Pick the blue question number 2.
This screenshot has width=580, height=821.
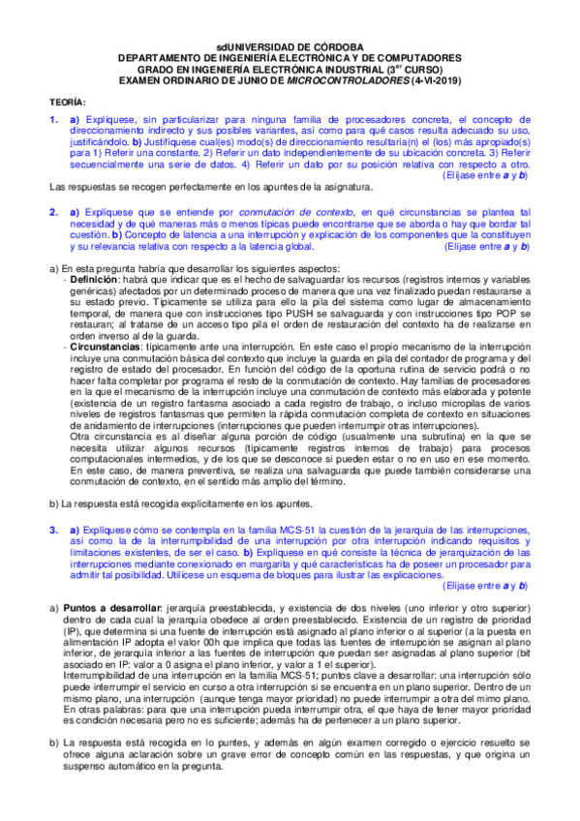[54, 211]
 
